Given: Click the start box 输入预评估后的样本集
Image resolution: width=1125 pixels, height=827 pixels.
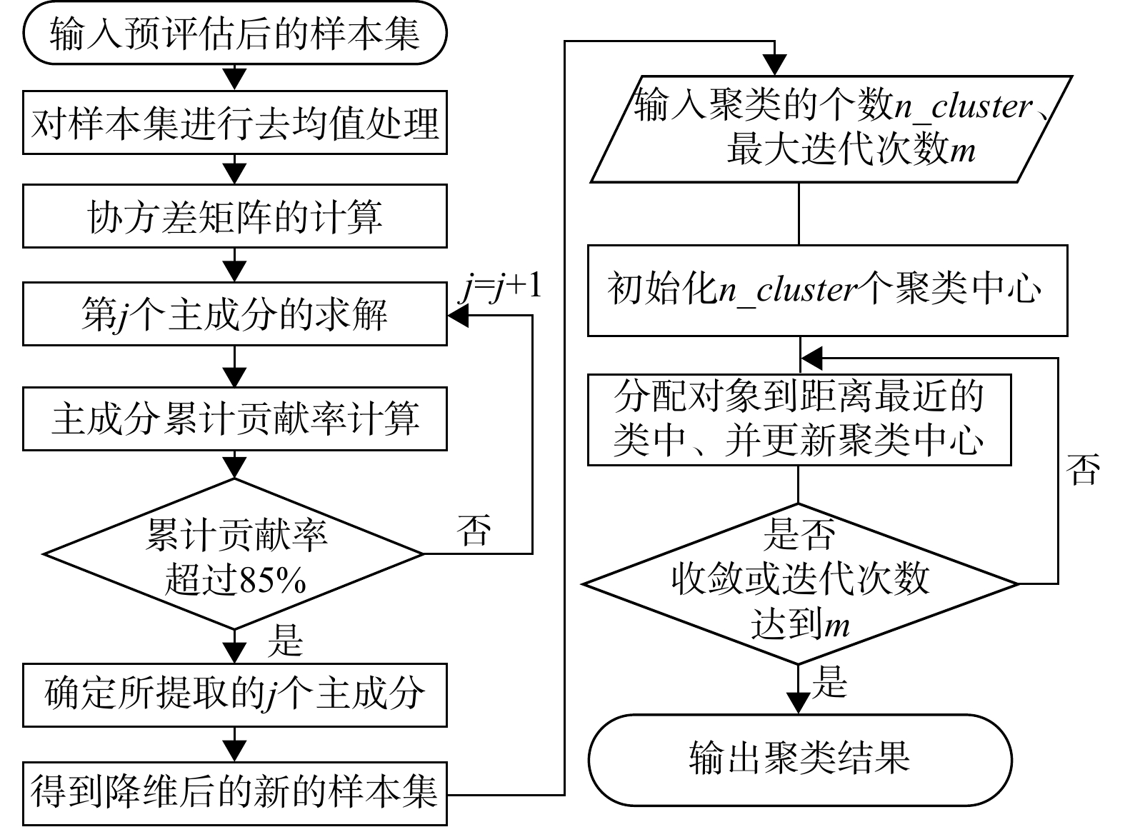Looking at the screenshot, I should point(234,33).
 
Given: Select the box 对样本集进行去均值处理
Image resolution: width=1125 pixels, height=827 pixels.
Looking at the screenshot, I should point(234,122).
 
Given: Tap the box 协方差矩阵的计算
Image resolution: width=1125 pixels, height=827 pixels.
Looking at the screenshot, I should point(234,216).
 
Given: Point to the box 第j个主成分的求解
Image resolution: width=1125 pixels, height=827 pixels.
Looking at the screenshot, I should point(234,314).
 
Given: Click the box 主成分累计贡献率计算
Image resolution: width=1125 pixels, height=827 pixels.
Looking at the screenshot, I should point(234,418).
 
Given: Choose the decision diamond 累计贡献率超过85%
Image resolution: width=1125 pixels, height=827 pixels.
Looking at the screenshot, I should point(234,554).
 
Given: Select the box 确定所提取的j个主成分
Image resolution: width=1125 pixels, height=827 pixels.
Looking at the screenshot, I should point(234,695).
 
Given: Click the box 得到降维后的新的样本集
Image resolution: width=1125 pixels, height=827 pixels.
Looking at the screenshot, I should point(234,793).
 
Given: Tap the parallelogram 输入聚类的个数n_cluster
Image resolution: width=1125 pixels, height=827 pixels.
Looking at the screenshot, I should point(832,129).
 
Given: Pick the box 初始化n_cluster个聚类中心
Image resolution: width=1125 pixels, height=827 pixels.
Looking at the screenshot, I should point(826,290).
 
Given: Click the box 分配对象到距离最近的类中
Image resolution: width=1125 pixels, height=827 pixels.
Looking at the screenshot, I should point(799,420).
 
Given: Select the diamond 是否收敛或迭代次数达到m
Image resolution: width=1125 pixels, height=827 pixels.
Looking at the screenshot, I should point(799,584).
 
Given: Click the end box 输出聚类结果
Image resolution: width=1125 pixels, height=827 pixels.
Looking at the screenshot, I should point(799,758).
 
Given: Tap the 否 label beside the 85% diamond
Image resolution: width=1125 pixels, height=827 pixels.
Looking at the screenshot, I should point(475,529).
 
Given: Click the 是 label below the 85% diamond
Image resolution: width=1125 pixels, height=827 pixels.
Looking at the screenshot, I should point(285,640).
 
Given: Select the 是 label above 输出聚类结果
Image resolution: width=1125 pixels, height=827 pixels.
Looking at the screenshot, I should point(829,682).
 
